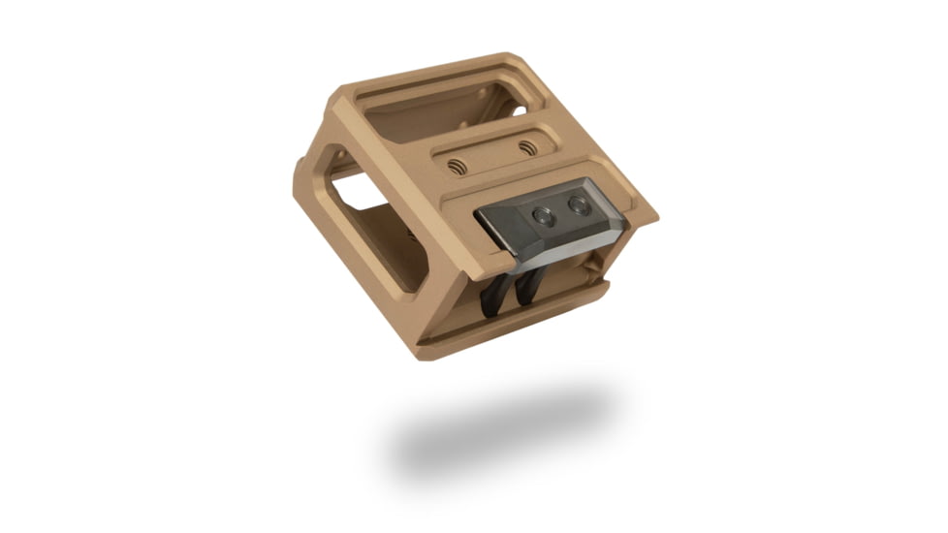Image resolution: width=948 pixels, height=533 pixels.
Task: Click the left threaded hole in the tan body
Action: click(x=458, y=166)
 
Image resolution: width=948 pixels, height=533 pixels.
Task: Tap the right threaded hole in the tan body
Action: click(x=526, y=147)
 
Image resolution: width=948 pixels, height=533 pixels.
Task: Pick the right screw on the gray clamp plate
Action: click(x=578, y=204)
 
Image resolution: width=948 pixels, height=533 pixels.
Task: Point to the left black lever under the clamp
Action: click(x=495, y=291)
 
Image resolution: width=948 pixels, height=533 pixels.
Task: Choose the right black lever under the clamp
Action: click(x=530, y=285)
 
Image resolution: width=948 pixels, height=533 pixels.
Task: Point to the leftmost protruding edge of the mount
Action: click(x=296, y=179)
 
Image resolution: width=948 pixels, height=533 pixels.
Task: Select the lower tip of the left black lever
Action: click(x=487, y=312)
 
